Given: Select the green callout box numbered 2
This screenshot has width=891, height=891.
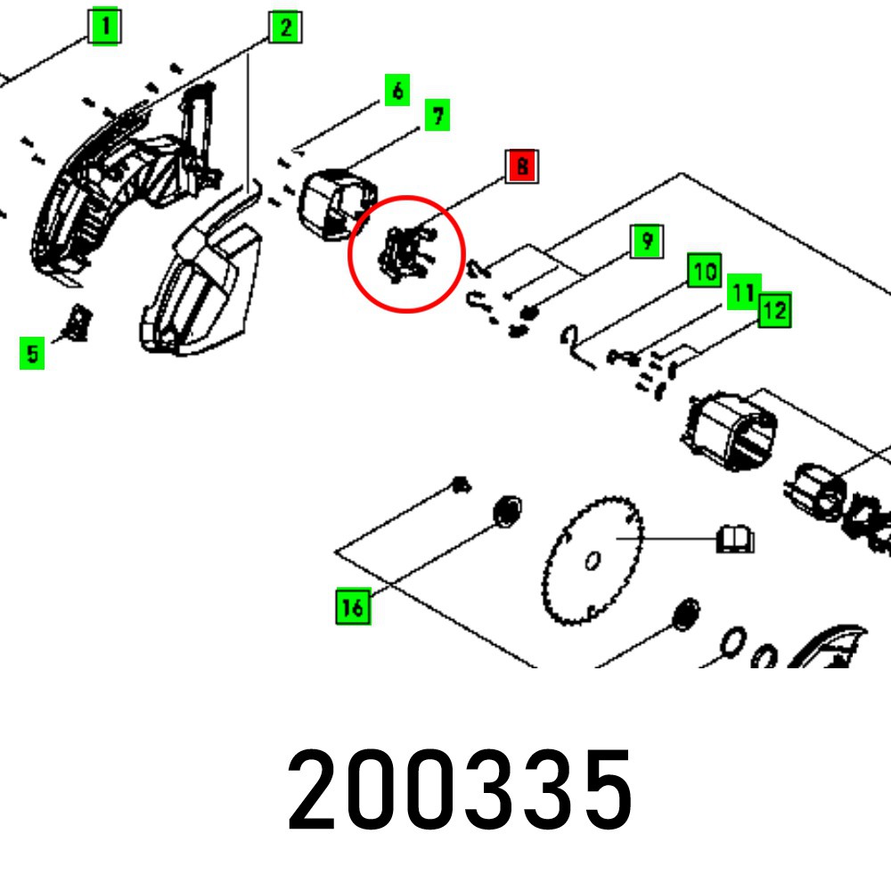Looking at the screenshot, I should [x=285, y=27].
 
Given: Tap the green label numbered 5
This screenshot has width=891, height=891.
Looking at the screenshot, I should [x=32, y=355].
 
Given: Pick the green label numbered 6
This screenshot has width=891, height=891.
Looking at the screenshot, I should [x=397, y=90].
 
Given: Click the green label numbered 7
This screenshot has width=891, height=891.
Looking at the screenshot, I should [x=437, y=116].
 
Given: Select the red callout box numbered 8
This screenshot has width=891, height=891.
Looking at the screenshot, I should [x=522, y=167].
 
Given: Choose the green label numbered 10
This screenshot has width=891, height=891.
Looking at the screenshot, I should [x=705, y=271].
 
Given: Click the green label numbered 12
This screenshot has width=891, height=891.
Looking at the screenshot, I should [x=774, y=311].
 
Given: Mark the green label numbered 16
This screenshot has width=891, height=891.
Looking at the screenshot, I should [x=353, y=607].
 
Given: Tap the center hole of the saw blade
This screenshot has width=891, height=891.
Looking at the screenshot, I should [x=592, y=560].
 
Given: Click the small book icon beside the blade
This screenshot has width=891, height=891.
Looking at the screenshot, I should [x=736, y=539].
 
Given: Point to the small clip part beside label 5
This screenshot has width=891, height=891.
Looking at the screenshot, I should [x=78, y=322].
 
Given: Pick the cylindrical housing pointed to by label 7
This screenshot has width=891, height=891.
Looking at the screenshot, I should [x=339, y=205].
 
